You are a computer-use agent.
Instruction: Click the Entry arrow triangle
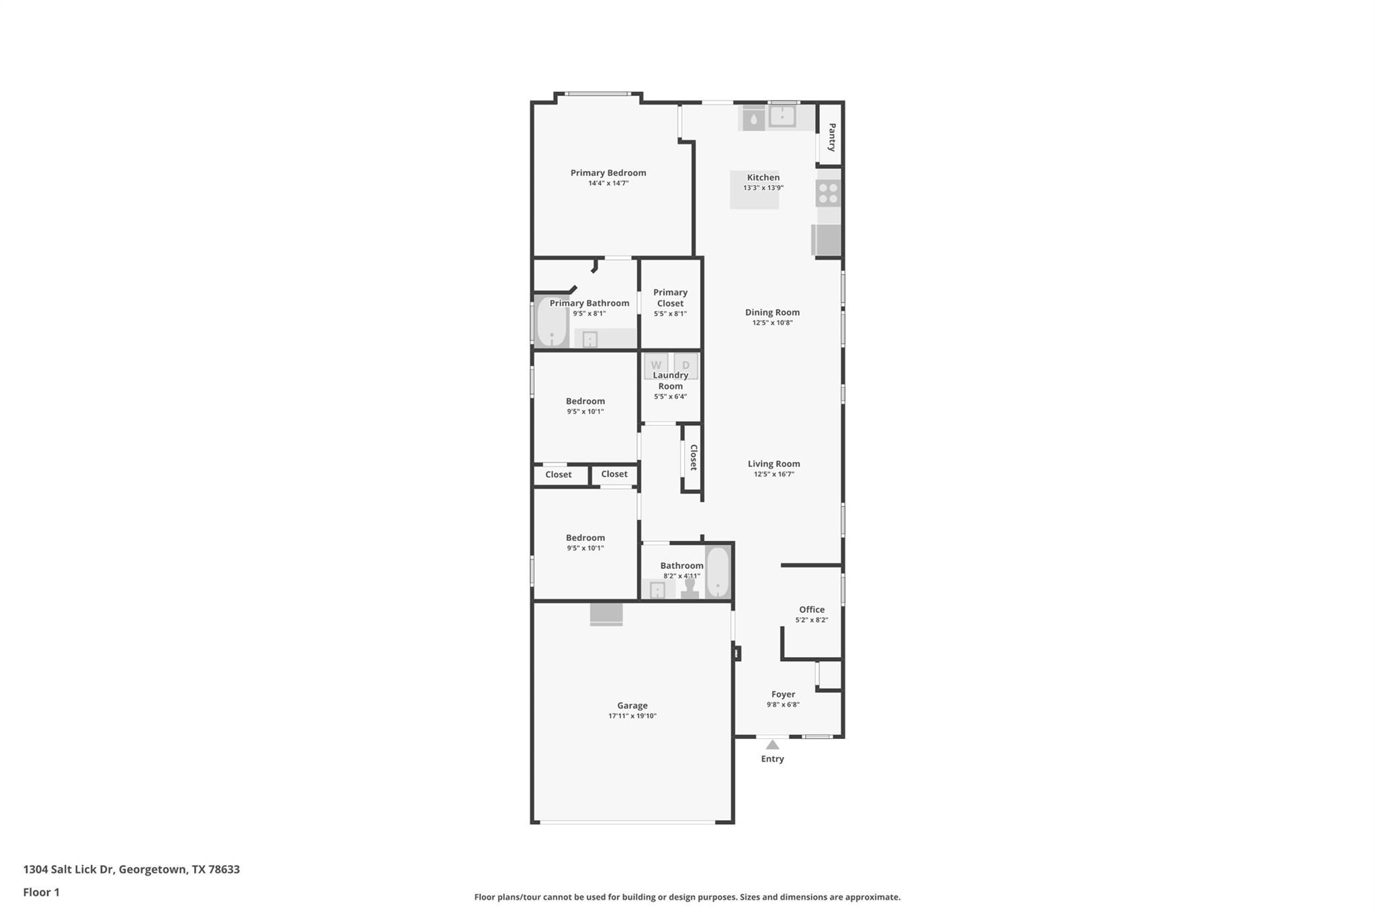pos(772,744)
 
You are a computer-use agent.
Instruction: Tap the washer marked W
pos(656,366)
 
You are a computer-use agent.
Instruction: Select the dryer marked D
pos(685,366)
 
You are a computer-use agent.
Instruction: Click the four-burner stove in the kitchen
pos(828,193)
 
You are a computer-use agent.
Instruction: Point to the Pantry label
pos(832,137)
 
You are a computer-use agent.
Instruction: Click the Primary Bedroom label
pos(608,172)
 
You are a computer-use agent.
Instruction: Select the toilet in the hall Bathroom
pos(690,588)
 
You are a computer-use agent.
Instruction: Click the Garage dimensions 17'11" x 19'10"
pos(632,716)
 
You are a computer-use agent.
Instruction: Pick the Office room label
pos(812,609)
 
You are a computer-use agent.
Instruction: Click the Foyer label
pos(783,694)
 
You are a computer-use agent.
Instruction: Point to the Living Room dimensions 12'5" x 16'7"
pos(773,474)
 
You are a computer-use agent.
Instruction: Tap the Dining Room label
pos(772,312)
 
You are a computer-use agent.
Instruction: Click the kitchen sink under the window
pos(782,117)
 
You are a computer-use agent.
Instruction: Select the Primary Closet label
pos(670,297)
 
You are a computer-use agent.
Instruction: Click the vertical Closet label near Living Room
pos(694,457)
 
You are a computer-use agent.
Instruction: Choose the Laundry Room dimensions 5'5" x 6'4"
pos(670,397)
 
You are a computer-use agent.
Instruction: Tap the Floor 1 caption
pos(42,892)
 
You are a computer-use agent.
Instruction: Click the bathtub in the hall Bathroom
pos(718,572)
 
